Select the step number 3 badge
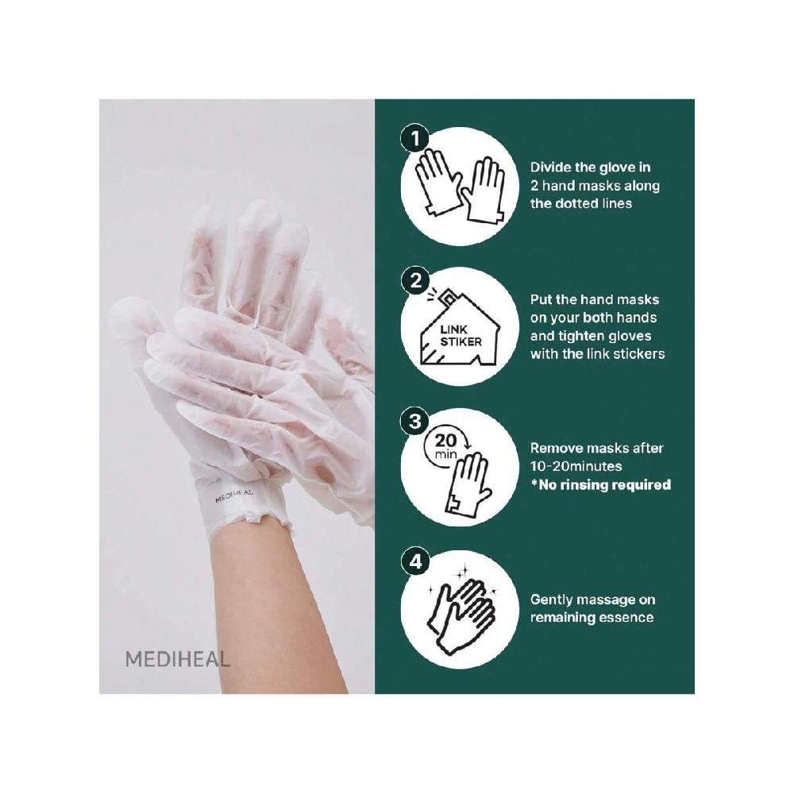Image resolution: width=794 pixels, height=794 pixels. [413, 422]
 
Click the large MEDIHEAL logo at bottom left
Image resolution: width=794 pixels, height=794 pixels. [177, 658]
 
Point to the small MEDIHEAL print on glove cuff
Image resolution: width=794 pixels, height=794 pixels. [235, 496]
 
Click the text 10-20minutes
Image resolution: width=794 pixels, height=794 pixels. [576, 466]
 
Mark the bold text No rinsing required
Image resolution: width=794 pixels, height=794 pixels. [604, 484]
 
